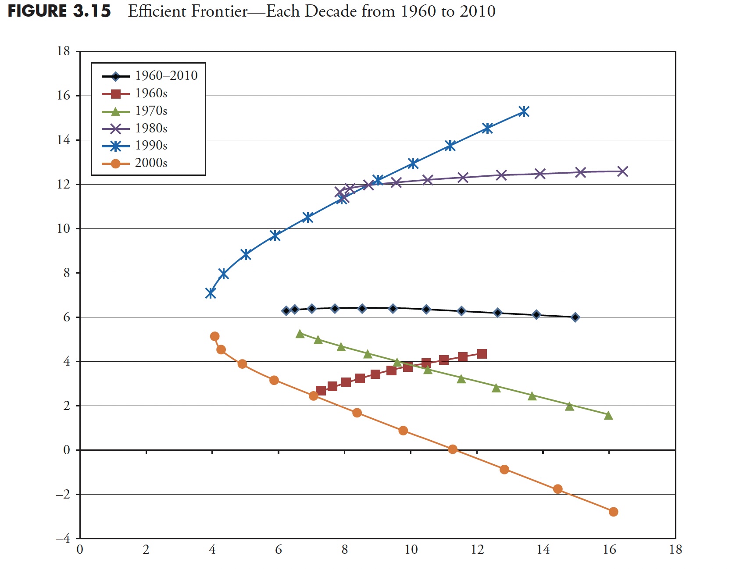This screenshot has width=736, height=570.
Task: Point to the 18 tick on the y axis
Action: tap(64, 51)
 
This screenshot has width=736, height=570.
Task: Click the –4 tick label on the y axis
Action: tap(63, 539)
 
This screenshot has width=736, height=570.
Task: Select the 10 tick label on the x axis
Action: tap(411, 550)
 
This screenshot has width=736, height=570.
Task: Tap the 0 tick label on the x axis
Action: tap(80, 550)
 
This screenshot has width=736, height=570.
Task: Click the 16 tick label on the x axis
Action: tap(609, 550)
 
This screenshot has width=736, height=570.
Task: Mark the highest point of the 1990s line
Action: tap(524, 112)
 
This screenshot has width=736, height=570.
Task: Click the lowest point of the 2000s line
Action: tap(613, 512)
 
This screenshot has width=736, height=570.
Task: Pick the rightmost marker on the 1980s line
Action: tap(622, 171)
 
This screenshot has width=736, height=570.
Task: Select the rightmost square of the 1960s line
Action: tap(482, 354)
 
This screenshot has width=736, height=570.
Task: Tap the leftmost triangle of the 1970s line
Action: tap(300, 334)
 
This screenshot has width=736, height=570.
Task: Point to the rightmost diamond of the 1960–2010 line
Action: tap(575, 317)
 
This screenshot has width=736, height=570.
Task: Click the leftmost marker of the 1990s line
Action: tap(211, 293)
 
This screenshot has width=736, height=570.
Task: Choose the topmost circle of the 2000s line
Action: tap(214, 336)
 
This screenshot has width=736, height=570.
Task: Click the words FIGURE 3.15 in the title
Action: tap(59, 11)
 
